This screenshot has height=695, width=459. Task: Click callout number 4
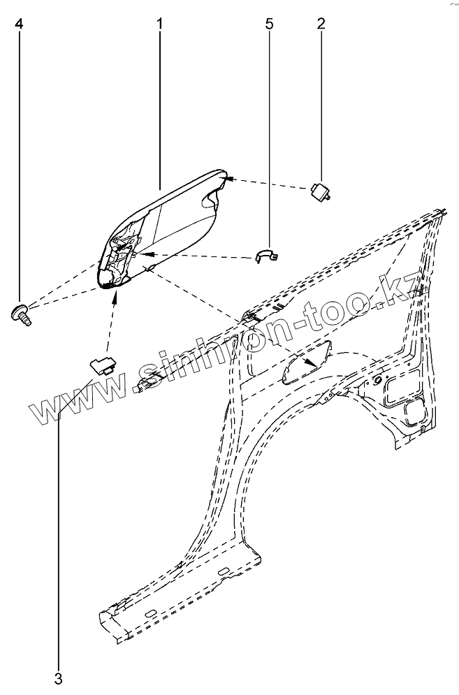pos(19,24)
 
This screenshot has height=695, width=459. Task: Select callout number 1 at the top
pos(160,24)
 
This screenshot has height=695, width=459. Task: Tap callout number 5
pos(270,24)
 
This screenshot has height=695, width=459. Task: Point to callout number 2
pos(321,24)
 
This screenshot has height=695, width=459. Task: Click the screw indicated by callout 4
pos(20,312)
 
